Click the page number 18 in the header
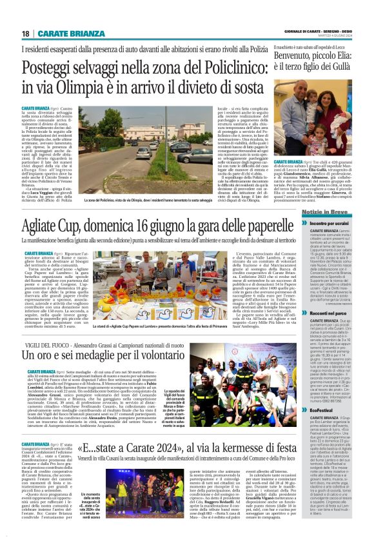[x=25, y=33]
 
